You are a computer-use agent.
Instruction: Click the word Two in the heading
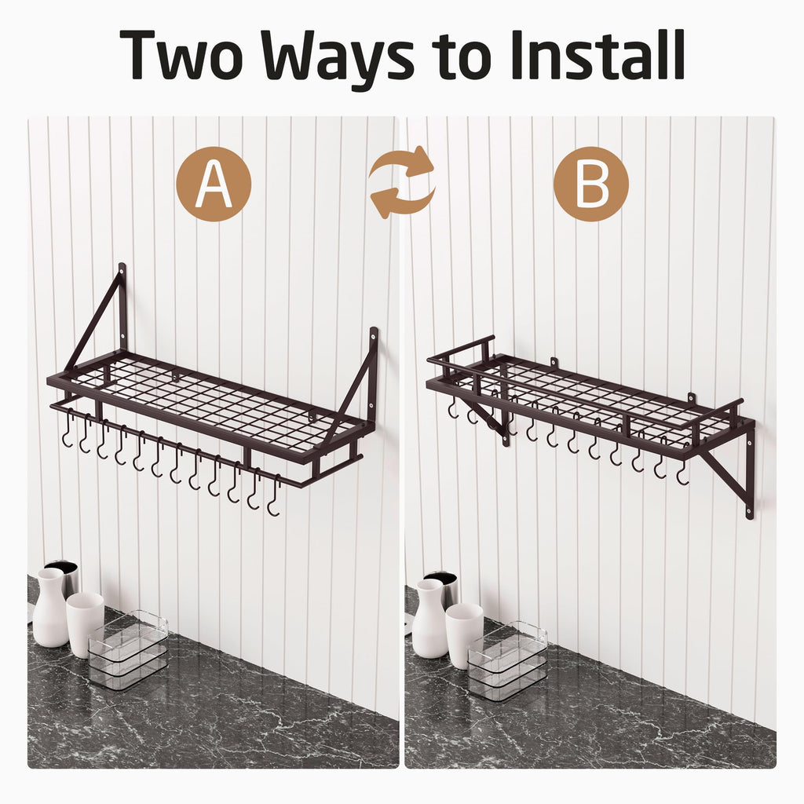181,54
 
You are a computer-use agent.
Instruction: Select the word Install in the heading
598,54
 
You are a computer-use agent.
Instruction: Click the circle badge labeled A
214,184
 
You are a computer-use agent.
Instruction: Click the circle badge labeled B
591,184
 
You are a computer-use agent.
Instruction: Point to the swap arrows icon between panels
403,182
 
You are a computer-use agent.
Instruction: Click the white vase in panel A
49,608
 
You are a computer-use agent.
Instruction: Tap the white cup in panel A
85,624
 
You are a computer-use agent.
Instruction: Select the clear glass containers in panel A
128,649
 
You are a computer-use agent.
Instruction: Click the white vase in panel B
429,619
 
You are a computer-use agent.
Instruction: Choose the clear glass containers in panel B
507,660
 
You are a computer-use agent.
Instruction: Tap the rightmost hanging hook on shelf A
275,496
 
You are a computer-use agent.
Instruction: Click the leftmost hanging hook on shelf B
453,407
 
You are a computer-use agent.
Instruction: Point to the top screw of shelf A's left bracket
122,271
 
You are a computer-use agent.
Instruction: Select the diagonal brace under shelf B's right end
724,478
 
